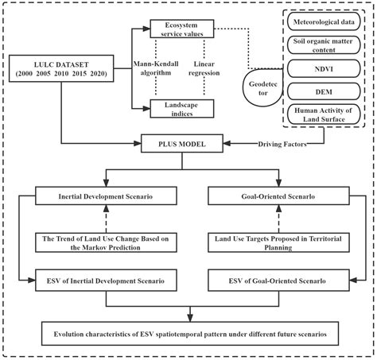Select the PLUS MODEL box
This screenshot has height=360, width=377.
pyautogui.click(x=188, y=145)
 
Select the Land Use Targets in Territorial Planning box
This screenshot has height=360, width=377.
pyautogui.click(x=283, y=242)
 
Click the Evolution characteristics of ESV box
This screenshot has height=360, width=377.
pyautogui.click(x=188, y=330)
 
